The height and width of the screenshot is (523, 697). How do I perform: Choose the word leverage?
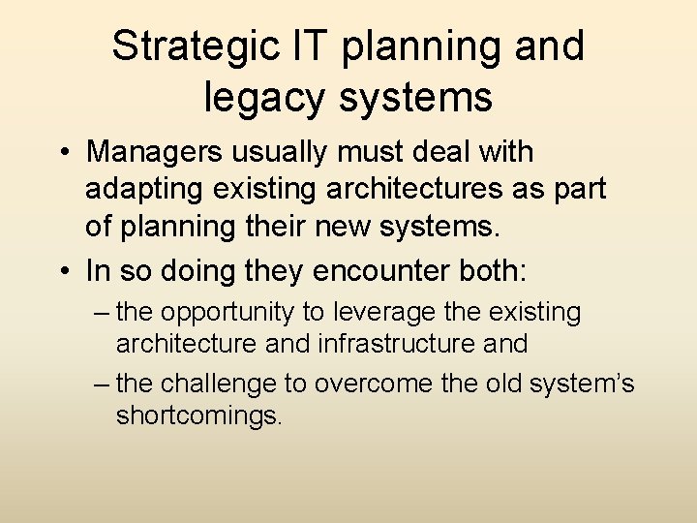pos(376,314)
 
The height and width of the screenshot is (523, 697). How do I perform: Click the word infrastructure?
pos(404,344)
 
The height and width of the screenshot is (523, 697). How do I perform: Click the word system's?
pos(582,385)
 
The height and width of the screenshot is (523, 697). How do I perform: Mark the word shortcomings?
pos(197,415)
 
